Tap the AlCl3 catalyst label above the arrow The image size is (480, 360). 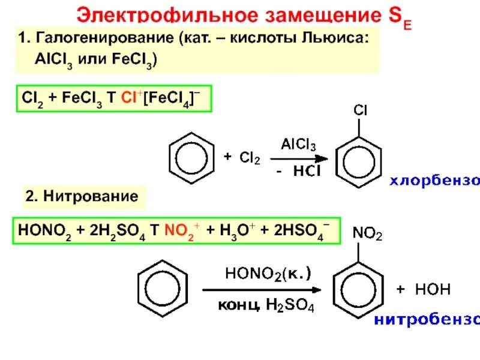click(298, 145)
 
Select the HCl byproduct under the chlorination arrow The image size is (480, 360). click(307, 171)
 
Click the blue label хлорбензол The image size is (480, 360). click(435, 180)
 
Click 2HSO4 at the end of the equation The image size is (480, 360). click(304, 230)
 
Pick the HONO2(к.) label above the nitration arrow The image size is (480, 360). click(268, 274)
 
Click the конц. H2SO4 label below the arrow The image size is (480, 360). click(265, 305)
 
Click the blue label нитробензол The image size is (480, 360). click(426, 319)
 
